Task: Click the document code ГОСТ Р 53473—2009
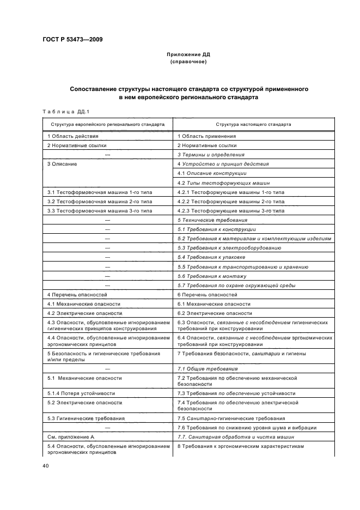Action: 72,39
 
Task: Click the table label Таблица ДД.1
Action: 65,112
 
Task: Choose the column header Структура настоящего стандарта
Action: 253,124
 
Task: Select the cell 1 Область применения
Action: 207,136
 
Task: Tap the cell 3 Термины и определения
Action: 211,155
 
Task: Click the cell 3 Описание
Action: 62,164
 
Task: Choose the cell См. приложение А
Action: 71,437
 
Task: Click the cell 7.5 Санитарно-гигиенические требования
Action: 231,418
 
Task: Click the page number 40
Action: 46,466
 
